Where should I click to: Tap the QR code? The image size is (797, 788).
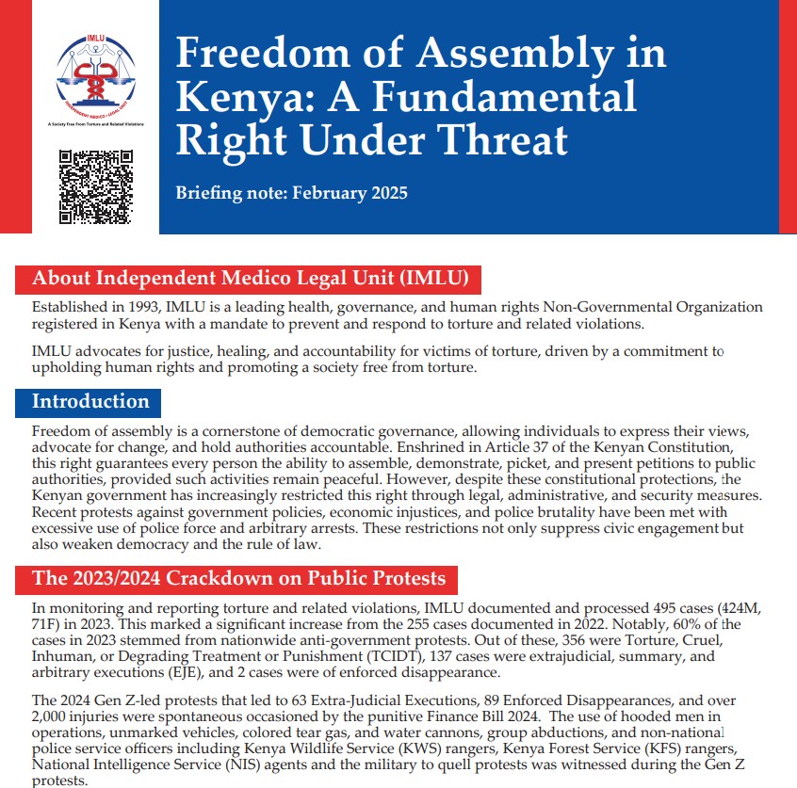coord(95,185)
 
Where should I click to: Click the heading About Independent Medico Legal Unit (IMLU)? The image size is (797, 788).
coord(250,279)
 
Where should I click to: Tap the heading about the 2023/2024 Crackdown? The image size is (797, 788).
coord(238,577)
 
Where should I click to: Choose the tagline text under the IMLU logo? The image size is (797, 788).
coord(95,123)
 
